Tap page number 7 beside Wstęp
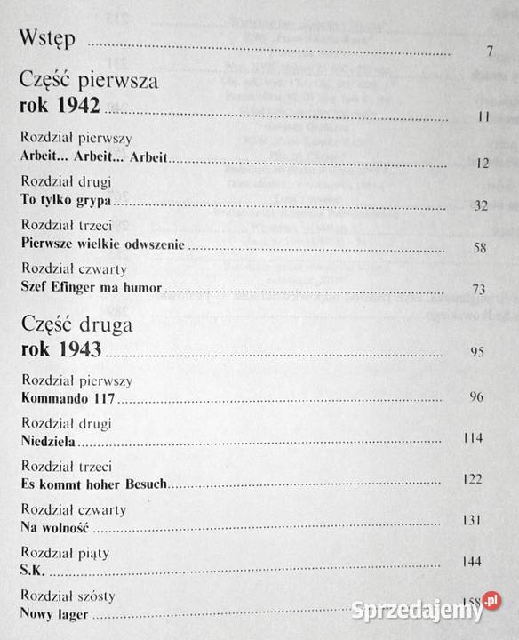(x=489, y=51)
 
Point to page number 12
(x=483, y=163)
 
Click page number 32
(x=482, y=205)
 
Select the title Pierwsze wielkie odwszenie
(x=101, y=244)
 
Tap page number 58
(x=480, y=248)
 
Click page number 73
(x=479, y=290)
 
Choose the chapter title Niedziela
(x=45, y=440)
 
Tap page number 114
(x=475, y=438)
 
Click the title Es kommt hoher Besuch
(x=92, y=484)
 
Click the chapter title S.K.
(x=31, y=569)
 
